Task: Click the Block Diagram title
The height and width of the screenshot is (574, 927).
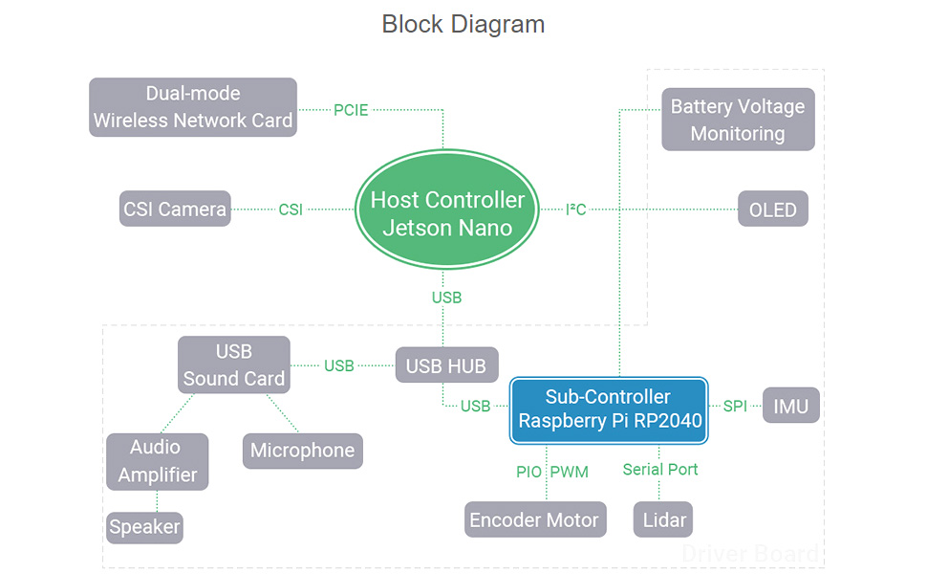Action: [463, 24]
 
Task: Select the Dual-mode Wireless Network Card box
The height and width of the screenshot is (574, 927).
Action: [193, 107]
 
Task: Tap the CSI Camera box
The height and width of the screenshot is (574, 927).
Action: [175, 209]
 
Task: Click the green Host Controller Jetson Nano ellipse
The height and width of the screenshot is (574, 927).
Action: [447, 213]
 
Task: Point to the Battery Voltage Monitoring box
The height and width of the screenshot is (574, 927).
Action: [738, 120]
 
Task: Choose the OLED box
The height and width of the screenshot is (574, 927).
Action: [772, 209]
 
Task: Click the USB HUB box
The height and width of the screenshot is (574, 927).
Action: [446, 365]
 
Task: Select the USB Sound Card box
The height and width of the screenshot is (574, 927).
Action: [234, 364]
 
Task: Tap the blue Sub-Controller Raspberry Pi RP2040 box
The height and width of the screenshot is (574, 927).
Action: [609, 409]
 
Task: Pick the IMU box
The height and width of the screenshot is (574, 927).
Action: [790, 406]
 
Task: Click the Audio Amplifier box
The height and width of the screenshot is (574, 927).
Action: [157, 461]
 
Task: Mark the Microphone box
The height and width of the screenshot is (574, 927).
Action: [302, 451]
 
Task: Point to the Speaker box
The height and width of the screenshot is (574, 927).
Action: [144, 527]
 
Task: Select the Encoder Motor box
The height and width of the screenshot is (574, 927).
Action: [535, 519]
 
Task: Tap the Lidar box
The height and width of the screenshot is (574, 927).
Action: [662, 519]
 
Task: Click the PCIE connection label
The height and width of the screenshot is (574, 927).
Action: [352, 110]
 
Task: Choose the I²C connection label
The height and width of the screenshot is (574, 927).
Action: [576, 209]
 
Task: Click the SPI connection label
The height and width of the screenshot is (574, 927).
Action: [735, 406]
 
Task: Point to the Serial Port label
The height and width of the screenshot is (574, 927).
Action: [660, 469]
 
